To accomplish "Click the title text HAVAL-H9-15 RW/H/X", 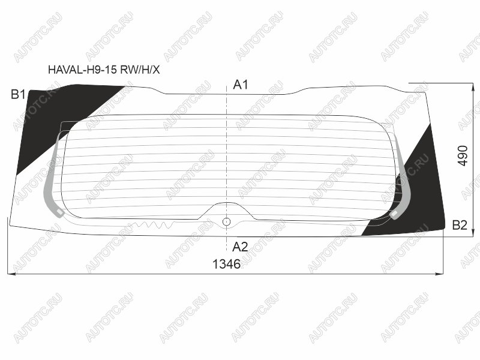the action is click(104, 70).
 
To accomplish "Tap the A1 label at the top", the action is click(241, 85).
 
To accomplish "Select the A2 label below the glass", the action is click(240, 247).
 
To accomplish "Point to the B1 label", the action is click(18, 94).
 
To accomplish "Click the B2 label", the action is click(460, 225).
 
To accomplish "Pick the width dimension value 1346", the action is click(226, 264).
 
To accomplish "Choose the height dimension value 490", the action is click(463, 156).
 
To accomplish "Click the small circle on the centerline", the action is click(226, 221).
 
